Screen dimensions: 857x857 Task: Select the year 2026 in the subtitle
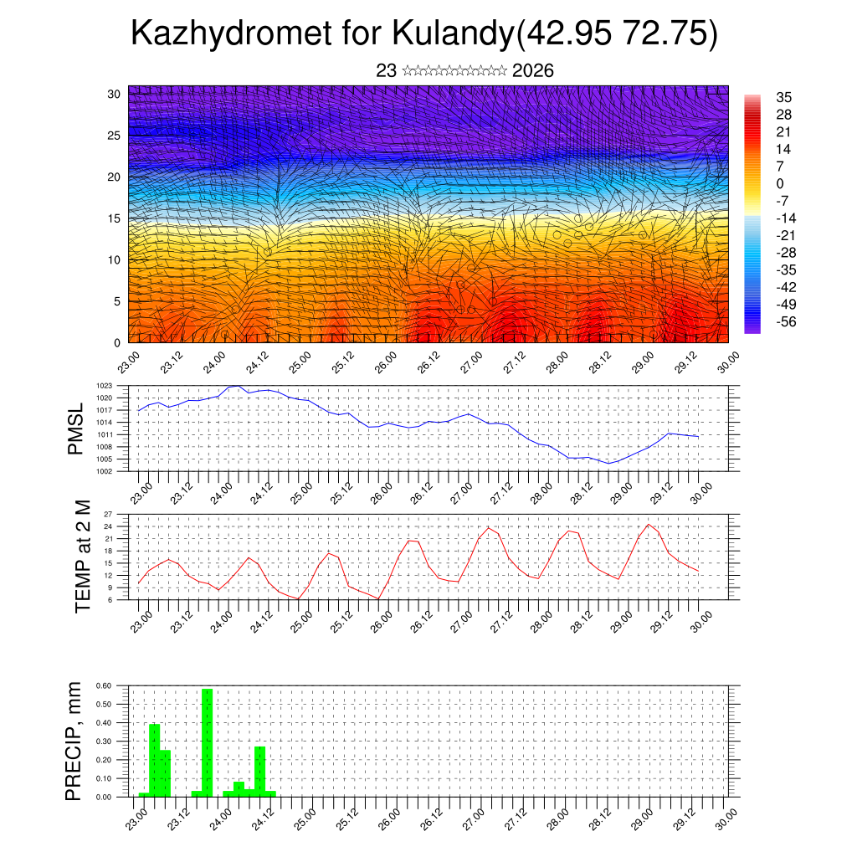(x=532, y=71)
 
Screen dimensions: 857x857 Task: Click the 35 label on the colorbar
(x=784, y=97)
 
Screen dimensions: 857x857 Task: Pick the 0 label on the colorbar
(x=780, y=183)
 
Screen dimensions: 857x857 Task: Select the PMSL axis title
(x=75, y=428)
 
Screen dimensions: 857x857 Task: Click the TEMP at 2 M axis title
(x=82, y=557)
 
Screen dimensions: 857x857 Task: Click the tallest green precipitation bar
(x=207, y=742)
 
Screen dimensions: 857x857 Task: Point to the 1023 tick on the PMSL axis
(x=105, y=386)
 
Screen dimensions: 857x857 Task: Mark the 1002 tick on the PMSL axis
(x=105, y=471)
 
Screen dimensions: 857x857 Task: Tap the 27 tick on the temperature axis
(x=108, y=514)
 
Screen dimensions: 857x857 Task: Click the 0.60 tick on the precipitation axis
(x=103, y=685)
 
